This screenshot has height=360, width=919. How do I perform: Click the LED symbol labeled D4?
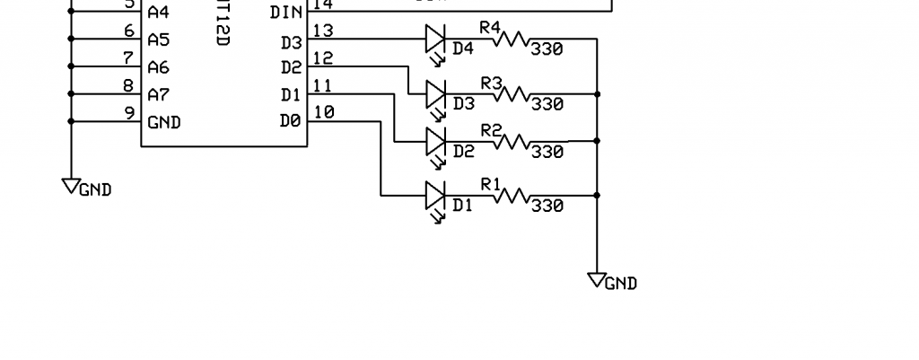point(435,39)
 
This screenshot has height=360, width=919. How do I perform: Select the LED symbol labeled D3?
point(435,93)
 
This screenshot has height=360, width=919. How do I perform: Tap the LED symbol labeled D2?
point(435,141)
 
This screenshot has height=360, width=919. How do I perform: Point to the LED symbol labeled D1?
point(435,195)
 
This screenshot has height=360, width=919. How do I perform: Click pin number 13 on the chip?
point(324,31)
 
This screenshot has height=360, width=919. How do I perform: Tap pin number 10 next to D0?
point(324,112)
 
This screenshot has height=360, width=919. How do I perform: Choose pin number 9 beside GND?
point(129,113)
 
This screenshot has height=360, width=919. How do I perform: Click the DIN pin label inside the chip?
point(285,13)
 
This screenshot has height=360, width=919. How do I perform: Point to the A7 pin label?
point(159,94)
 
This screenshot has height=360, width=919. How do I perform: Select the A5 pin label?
point(159,40)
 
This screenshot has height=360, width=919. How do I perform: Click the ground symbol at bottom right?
point(597,280)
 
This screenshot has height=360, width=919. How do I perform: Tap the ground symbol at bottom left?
point(71,186)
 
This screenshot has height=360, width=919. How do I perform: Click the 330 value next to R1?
point(547,206)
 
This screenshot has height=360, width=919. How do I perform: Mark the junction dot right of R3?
point(597,93)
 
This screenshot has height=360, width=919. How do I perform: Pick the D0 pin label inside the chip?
point(290,121)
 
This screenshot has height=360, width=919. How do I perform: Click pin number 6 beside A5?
point(129,31)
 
